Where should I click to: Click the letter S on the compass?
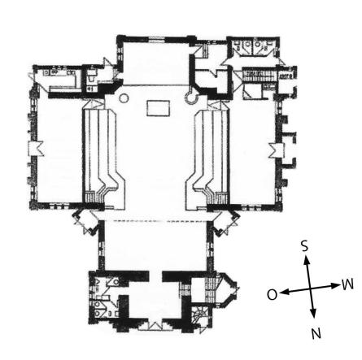(305, 246)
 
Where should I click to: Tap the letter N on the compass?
(316, 333)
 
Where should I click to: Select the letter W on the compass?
(348, 284)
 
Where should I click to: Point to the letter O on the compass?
(273, 294)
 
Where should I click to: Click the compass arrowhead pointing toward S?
(307, 259)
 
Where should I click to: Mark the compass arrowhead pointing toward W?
(336, 285)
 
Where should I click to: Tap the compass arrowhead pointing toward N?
(313, 314)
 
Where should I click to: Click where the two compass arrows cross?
(310, 288)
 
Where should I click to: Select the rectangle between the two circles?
(159, 108)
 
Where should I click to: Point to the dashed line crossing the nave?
(155, 221)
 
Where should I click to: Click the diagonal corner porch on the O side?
(86, 221)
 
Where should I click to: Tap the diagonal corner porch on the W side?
(225, 221)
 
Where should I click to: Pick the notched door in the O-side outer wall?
(36, 149)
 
